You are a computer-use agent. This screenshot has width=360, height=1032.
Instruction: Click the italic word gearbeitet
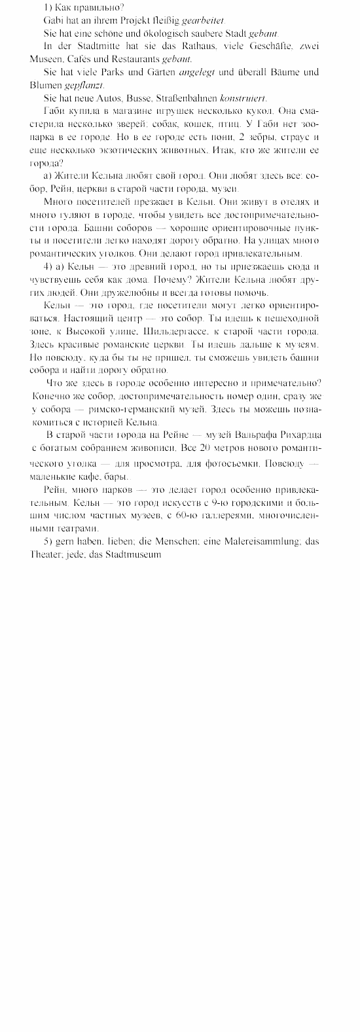pos(197,21)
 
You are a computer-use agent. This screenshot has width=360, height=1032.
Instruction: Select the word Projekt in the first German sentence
pos(122,21)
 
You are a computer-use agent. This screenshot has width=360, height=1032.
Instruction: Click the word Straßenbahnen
pos(181,96)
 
